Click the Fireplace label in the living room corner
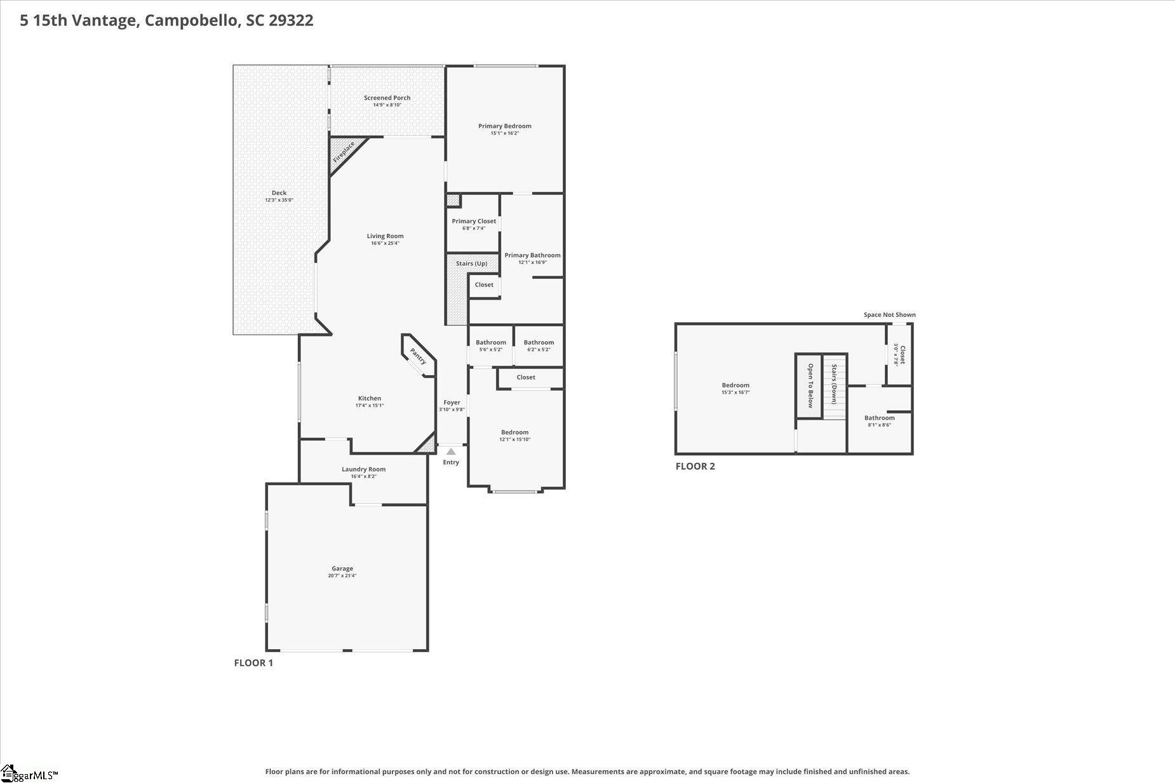(345, 152)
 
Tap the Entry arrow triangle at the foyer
(451, 452)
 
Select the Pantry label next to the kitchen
(418, 356)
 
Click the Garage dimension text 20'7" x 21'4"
(342, 576)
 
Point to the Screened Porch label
(387, 98)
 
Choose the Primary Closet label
(474, 221)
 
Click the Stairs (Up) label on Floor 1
(472, 264)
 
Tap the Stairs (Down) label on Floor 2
(835, 384)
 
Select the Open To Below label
(810, 385)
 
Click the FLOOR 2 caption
(695, 466)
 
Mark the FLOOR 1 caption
(253, 663)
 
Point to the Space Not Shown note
(889, 315)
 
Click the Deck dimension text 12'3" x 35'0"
(279, 200)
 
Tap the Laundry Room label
(364, 469)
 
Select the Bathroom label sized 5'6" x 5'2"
(491, 342)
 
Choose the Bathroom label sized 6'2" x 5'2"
(539, 342)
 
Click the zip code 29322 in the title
(291, 20)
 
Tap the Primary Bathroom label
(532, 255)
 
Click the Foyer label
(452, 403)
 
